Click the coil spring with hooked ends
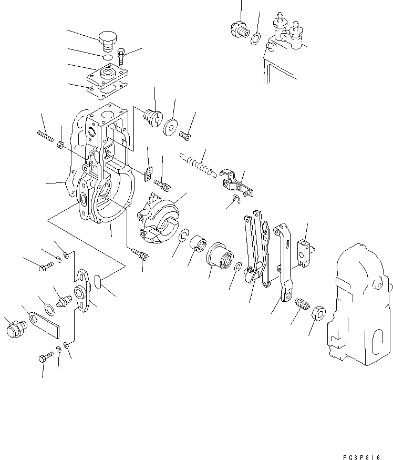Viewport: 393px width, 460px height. click(x=196, y=164)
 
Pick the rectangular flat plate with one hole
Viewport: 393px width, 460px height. click(x=45, y=324)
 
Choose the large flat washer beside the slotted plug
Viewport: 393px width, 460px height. click(x=170, y=127)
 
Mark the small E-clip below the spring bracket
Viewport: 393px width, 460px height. click(x=237, y=198)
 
